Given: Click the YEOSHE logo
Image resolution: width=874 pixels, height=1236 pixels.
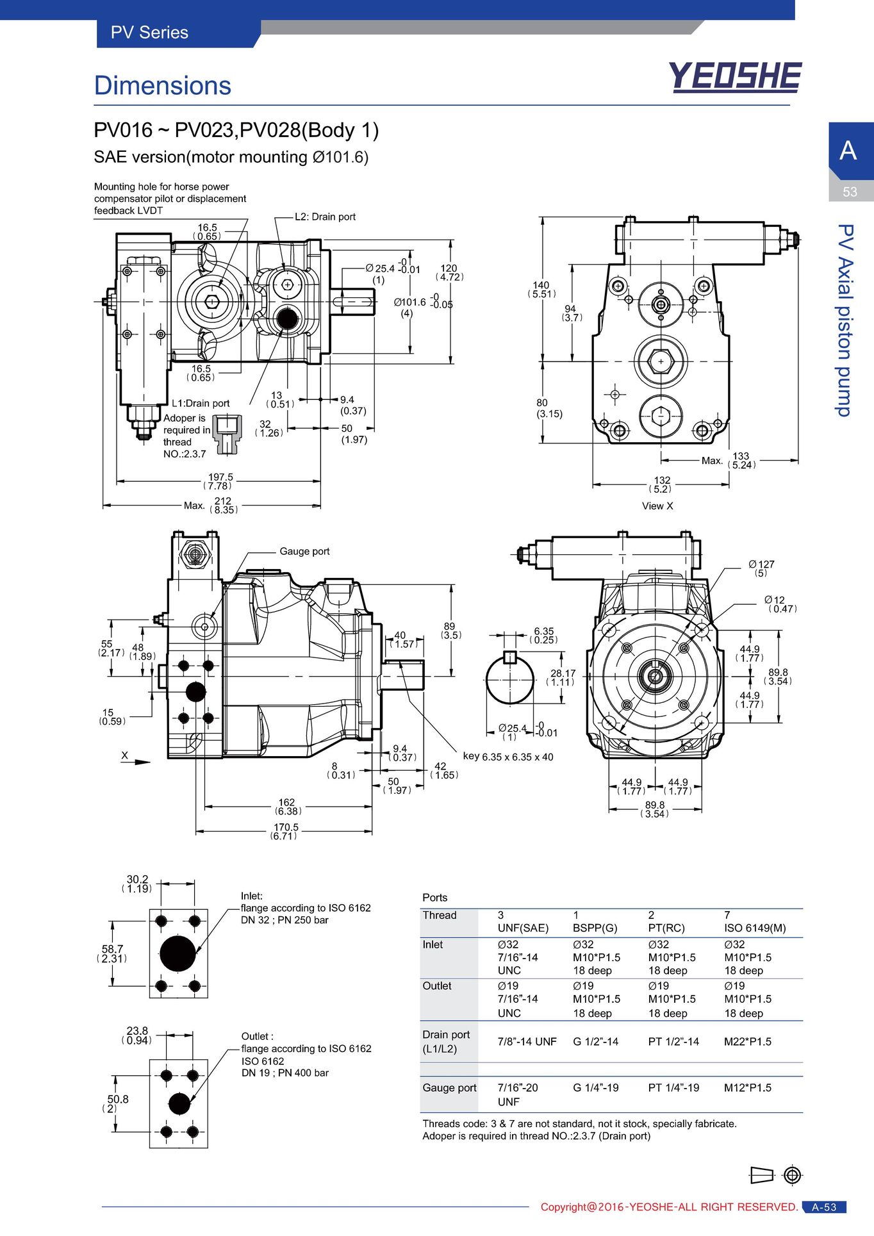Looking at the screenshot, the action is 735,77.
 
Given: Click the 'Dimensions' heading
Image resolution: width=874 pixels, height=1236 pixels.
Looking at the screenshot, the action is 163,86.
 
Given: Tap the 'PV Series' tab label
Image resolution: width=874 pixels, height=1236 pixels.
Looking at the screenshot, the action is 149,33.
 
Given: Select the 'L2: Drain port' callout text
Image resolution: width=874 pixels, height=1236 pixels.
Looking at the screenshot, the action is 325,217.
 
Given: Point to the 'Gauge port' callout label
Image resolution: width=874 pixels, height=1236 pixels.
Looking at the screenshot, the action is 304,551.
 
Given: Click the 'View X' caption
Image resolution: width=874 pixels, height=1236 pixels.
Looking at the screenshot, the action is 657,506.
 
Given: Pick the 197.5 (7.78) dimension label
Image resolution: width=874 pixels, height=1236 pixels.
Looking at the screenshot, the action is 219,482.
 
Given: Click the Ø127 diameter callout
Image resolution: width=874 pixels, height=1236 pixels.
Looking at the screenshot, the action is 761,568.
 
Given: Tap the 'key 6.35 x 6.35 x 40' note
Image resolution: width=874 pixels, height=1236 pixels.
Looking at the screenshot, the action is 508,757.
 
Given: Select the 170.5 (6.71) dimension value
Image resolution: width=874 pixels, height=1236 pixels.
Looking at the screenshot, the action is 284,832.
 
